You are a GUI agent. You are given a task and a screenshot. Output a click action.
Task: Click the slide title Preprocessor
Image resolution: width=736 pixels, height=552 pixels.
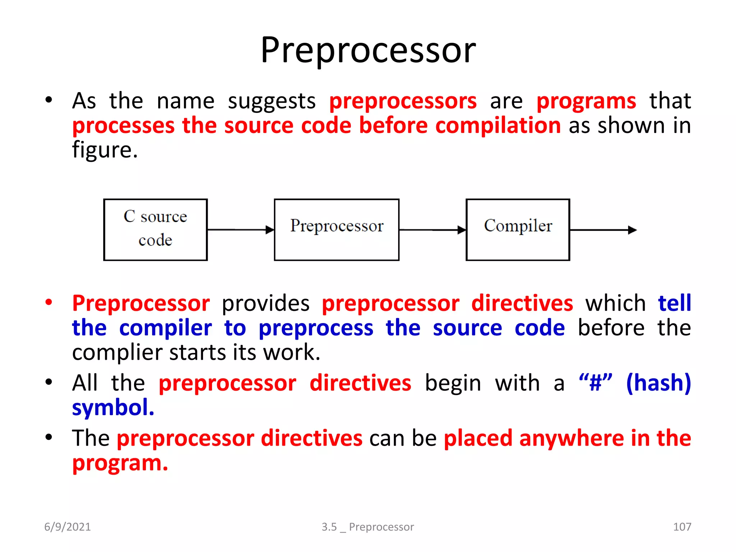368,50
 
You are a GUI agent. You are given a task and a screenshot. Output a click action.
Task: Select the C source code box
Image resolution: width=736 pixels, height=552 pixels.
155,229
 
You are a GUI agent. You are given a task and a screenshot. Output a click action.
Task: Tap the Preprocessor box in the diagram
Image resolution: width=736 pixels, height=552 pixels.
336,229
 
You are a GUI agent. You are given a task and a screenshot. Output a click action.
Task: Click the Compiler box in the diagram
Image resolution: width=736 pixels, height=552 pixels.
517,229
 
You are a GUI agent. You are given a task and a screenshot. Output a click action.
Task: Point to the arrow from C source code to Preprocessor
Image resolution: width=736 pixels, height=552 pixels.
240,229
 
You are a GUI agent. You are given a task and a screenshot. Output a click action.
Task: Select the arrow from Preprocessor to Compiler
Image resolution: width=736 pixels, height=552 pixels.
432,230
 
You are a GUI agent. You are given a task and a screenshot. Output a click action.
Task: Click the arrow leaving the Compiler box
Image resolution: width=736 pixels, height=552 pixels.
603,230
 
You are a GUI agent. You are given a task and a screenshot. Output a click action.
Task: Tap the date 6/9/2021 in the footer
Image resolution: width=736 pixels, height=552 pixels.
68,526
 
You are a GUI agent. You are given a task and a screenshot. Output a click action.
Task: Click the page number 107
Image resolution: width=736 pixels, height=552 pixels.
682,526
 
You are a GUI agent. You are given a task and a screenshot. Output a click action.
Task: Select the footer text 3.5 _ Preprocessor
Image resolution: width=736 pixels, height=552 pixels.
368,527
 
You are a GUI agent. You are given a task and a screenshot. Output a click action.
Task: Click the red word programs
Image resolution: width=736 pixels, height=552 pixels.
586,101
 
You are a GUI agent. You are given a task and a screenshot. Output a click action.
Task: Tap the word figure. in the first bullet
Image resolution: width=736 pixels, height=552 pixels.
105,150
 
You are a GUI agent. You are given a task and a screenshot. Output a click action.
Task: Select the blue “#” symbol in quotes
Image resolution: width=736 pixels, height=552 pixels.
595,383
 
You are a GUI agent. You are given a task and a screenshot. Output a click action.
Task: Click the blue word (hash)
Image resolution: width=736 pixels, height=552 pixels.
658,383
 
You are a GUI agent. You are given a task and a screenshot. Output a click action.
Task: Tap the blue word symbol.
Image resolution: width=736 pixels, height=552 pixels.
113,408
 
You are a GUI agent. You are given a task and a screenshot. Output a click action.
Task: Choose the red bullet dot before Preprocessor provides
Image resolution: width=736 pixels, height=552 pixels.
49,302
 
